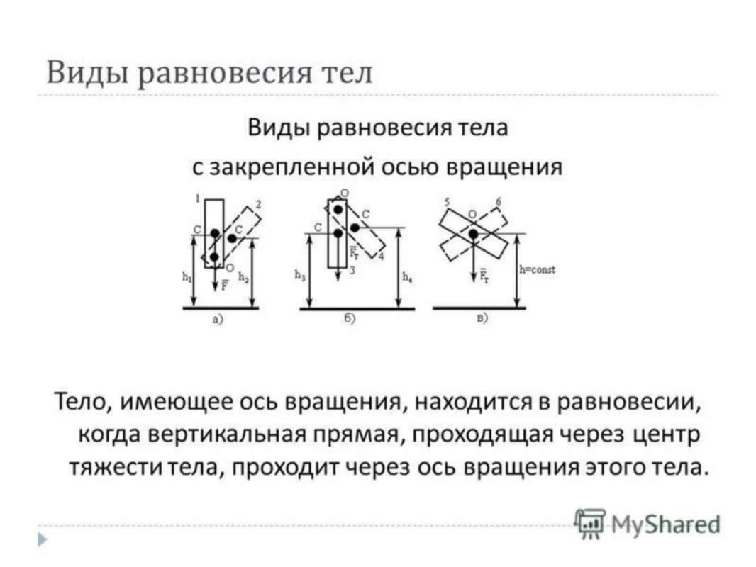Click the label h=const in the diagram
(x=537, y=270)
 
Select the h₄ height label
(x=407, y=277)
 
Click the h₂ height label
(x=243, y=279)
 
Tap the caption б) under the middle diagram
(x=350, y=320)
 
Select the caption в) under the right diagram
(x=482, y=319)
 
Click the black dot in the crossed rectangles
(x=472, y=234)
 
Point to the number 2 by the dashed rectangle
(x=258, y=204)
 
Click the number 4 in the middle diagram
(x=381, y=256)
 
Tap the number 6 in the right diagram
(x=498, y=203)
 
